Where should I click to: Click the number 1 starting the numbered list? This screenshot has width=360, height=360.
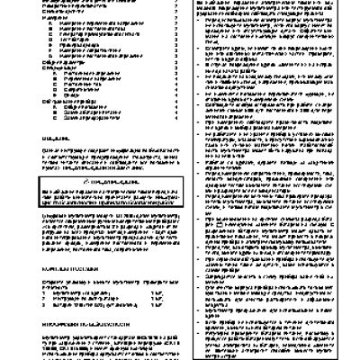(x=47, y=292)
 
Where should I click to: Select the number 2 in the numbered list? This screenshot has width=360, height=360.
(x=47, y=298)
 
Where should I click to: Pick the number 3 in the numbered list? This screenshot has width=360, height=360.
(x=47, y=304)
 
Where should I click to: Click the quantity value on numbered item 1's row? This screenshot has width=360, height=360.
(x=159, y=292)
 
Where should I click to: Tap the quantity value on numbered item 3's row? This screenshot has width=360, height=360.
(x=159, y=304)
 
